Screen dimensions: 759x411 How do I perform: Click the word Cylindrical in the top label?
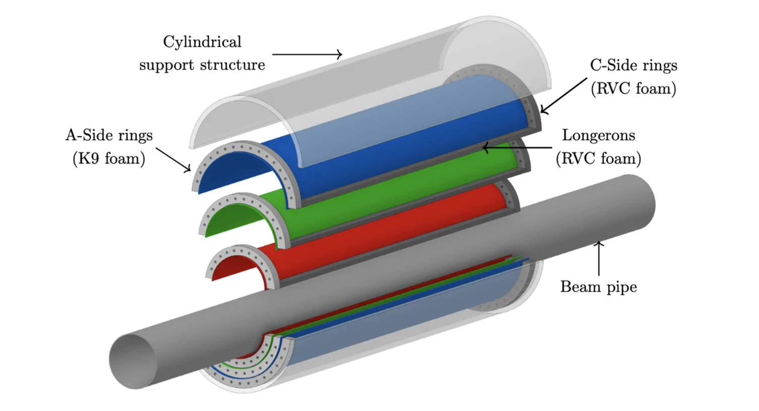(202, 42)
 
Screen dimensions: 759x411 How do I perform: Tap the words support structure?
(202, 65)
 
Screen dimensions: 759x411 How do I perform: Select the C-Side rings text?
(634, 65)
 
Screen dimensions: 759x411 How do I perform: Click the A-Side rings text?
(109, 135)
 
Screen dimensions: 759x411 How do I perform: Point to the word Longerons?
(599, 135)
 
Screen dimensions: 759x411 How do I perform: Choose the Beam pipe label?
(599, 287)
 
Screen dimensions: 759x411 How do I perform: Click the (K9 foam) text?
(109, 159)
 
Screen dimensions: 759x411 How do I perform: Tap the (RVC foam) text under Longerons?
(599, 159)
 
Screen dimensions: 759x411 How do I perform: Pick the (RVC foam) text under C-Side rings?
(634, 89)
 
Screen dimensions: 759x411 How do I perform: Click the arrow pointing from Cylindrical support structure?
(307, 54)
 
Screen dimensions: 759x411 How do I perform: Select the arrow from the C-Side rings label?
(563, 96)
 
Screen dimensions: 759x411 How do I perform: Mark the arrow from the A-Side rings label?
(173, 160)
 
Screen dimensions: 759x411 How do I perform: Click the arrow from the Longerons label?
(517, 148)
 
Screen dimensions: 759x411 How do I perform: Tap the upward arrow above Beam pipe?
(599, 258)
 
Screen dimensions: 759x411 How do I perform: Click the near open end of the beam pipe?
(133, 362)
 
